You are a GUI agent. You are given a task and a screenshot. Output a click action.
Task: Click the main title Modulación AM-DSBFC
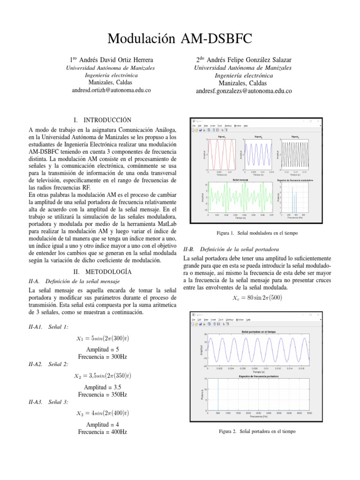coord(180,39)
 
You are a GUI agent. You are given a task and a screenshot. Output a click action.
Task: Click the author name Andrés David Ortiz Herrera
coord(111,60)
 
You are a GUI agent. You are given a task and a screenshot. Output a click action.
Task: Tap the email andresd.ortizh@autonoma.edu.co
coord(111,90)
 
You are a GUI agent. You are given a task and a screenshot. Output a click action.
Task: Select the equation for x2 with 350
coord(102,375)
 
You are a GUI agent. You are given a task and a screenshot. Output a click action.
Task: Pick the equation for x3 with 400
coord(102,413)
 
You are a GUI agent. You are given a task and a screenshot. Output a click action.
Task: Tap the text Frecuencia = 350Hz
coord(102,395)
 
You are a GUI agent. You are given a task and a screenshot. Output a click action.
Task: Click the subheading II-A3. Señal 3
coord(49,402)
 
